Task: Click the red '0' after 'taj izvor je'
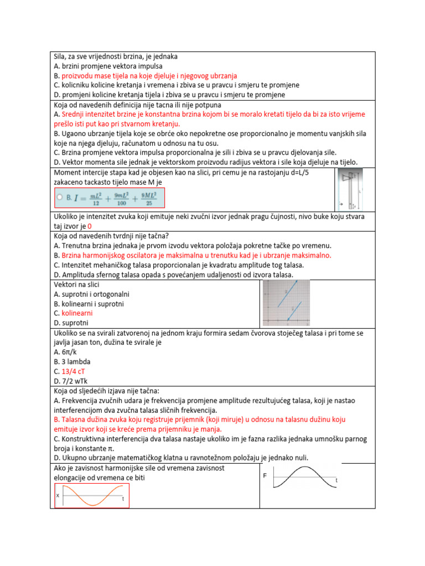pos(90,227)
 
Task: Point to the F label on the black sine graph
pos(265,475)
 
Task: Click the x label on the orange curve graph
pos(58,495)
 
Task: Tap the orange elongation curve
pos(91,495)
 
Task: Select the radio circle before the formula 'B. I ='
pos(60,196)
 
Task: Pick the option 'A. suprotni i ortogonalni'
pos(92,294)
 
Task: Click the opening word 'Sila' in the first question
pos(60,56)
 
